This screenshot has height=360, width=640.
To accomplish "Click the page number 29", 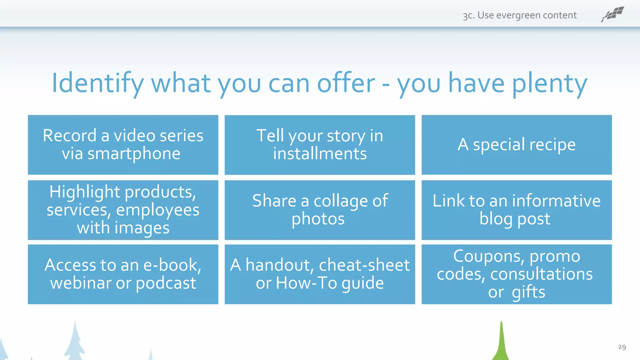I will coord(622,347).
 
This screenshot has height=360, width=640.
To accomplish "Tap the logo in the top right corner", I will coord(612,14).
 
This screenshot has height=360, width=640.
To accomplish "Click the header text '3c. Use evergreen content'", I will coord(520,15).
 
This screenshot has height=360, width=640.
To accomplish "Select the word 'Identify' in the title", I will coord(97,83).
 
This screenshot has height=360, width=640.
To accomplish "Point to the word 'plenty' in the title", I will coord(550,83).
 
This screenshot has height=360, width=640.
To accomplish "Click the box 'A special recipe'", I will coord(517,145).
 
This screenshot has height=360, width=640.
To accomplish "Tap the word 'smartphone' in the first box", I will coord(134,154).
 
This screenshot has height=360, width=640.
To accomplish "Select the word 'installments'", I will coord(320,154).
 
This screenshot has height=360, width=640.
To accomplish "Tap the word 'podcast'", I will coord(166,283).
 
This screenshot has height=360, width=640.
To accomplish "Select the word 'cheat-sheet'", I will coord(364,265).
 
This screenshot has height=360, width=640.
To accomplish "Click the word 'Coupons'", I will coord(489,256).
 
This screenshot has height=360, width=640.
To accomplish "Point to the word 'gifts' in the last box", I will coord(528,292).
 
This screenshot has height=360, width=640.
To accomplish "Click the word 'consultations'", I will coord(541,274).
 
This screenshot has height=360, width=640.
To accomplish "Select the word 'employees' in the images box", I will coord(157,210).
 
